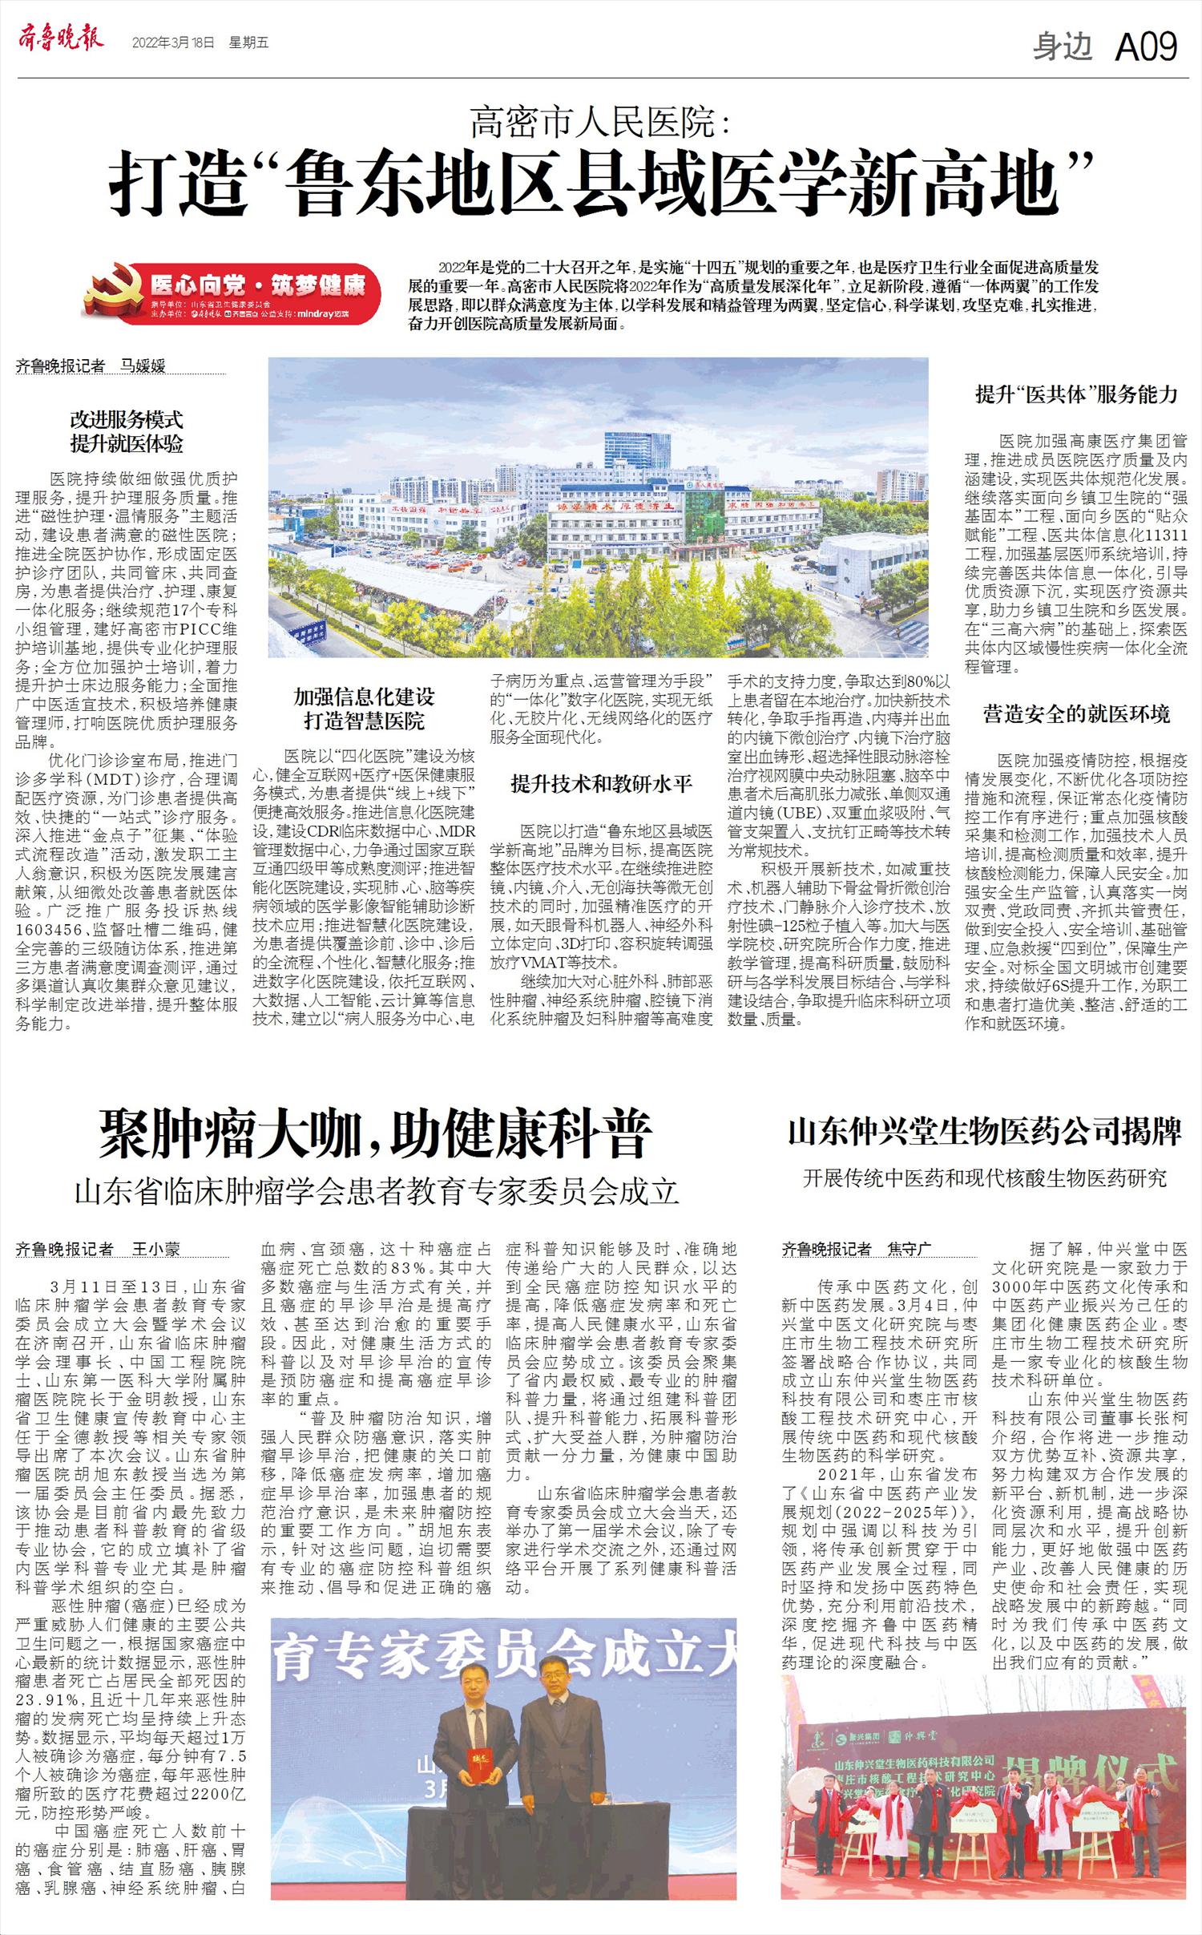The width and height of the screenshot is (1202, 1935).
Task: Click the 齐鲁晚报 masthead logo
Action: tap(60, 39)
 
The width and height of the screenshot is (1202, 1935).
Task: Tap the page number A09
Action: tap(1146, 47)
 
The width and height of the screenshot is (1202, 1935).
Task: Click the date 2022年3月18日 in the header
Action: tap(173, 42)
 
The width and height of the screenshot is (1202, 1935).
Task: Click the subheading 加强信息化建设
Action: tap(364, 697)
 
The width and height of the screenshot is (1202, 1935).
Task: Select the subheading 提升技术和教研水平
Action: tap(601, 784)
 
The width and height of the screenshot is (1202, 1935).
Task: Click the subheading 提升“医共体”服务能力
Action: tap(1076, 394)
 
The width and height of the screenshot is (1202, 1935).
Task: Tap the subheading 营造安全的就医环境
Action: tap(1076, 713)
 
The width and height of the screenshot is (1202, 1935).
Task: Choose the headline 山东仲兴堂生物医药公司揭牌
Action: tap(985, 1132)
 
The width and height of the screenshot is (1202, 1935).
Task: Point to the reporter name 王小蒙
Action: tap(155, 1250)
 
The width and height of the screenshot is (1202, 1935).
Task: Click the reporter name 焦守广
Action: tap(909, 1249)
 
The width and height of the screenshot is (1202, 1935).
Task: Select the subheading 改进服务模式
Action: tap(127, 419)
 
